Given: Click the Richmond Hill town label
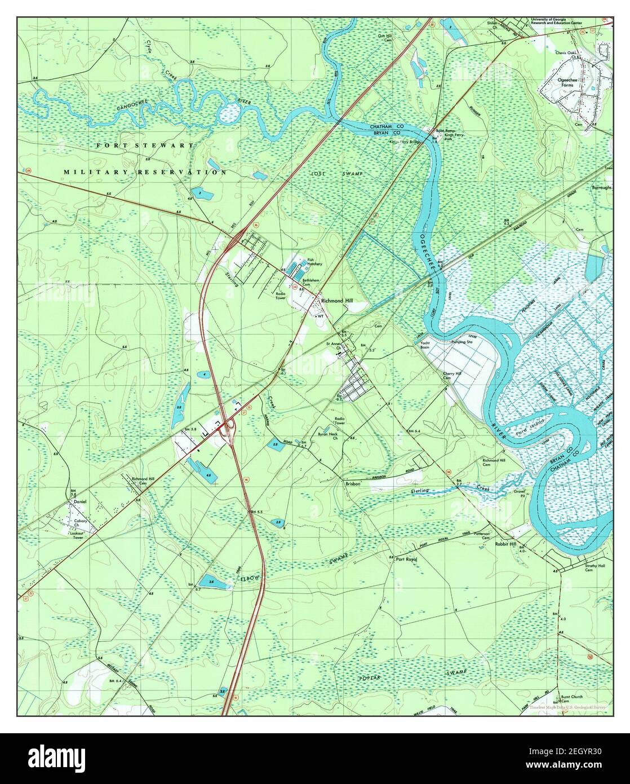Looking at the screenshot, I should pos(336,302).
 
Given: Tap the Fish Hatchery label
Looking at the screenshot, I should pos(314,262).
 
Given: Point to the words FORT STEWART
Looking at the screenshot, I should pos(145,146).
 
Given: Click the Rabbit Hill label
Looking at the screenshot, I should pos(505,544).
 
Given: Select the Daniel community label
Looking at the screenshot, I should pos(78,501).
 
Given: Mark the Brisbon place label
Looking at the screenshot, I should pos(353,483).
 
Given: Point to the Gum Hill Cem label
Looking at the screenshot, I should pos(384,38).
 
